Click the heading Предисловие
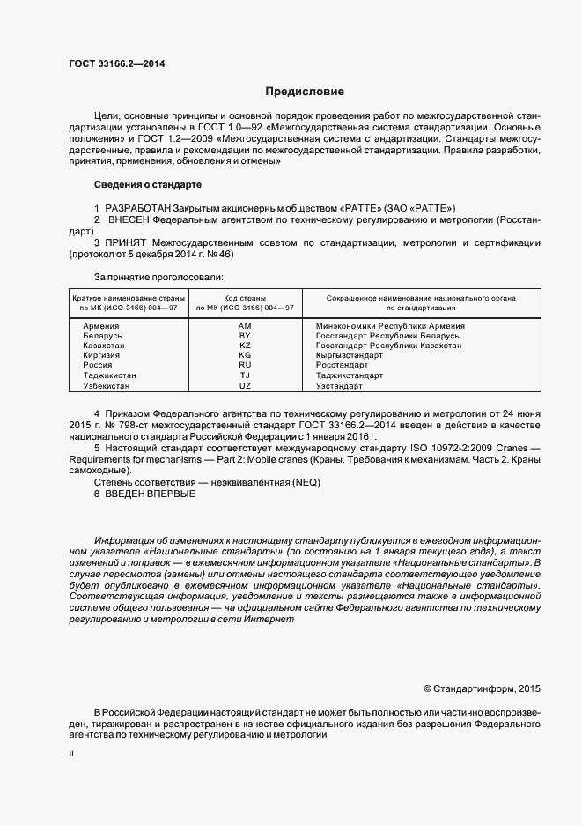[305, 92]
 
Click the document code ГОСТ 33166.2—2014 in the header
[116, 64]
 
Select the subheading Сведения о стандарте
[147, 185]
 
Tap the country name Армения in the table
[100, 326]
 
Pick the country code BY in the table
[245, 336]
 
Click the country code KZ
[245, 346]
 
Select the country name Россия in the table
[97, 365]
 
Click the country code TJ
[245, 375]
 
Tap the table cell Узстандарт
[339, 385]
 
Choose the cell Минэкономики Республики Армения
[390, 326]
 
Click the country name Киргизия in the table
[100, 355]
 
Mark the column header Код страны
[245, 298]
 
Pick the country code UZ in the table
[245, 385]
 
